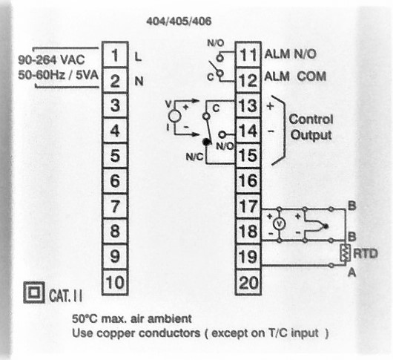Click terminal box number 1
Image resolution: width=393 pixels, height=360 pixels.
[115, 55]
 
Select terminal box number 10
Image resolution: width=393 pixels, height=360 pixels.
[115, 282]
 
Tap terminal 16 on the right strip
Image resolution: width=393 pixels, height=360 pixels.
[248, 180]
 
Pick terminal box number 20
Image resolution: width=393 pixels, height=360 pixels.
[248, 282]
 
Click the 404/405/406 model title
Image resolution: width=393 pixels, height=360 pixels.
[179, 22]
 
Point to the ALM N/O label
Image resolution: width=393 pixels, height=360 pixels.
[290, 54]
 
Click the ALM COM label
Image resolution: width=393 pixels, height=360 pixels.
[295, 76]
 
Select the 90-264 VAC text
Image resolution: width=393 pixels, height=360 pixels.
[51, 60]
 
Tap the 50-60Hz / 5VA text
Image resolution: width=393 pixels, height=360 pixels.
[58, 75]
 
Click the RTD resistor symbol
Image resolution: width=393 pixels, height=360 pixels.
[345, 252]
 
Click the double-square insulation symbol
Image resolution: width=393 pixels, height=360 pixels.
[34, 292]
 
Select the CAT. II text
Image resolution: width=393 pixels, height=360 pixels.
[66, 295]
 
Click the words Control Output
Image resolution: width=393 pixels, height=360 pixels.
[311, 127]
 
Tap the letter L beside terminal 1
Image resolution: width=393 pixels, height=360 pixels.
[138, 57]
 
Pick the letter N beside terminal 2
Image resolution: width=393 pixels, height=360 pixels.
[139, 82]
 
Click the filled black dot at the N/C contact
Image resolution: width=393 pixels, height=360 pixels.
[207, 142]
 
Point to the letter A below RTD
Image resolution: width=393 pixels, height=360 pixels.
[352, 272]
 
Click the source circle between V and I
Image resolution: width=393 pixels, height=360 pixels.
[175, 116]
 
